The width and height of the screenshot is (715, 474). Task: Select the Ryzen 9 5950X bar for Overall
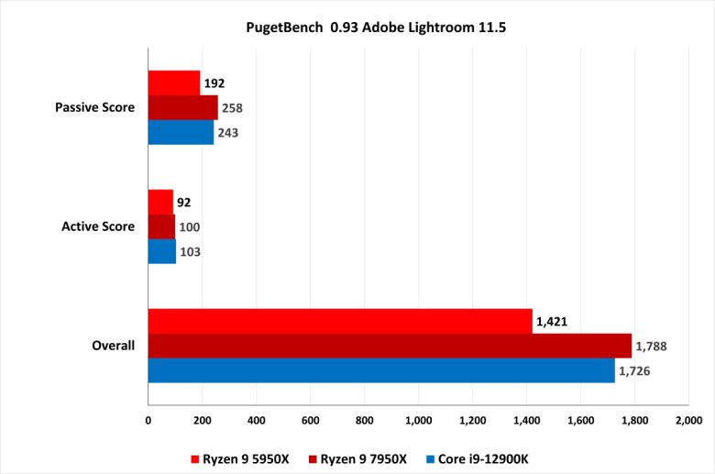click(340, 321)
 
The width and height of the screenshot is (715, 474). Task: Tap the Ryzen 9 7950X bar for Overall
click(390, 346)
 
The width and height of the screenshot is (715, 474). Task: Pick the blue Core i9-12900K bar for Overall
click(381, 370)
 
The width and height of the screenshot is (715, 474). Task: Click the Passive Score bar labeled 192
click(174, 83)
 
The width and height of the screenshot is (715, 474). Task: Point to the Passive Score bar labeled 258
click(183, 107)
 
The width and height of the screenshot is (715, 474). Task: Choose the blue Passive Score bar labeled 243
click(181, 132)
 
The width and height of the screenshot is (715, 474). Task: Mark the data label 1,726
click(637, 370)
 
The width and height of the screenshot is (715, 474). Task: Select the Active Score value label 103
click(192, 251)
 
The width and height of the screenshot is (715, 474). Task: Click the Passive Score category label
click(95, 107)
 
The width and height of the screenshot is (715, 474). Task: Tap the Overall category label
click(114, 346)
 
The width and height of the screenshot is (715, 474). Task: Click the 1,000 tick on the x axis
click(418, 421)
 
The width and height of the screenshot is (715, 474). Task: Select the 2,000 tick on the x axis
click(687, 421)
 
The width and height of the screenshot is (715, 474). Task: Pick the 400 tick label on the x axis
click(256, 421)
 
